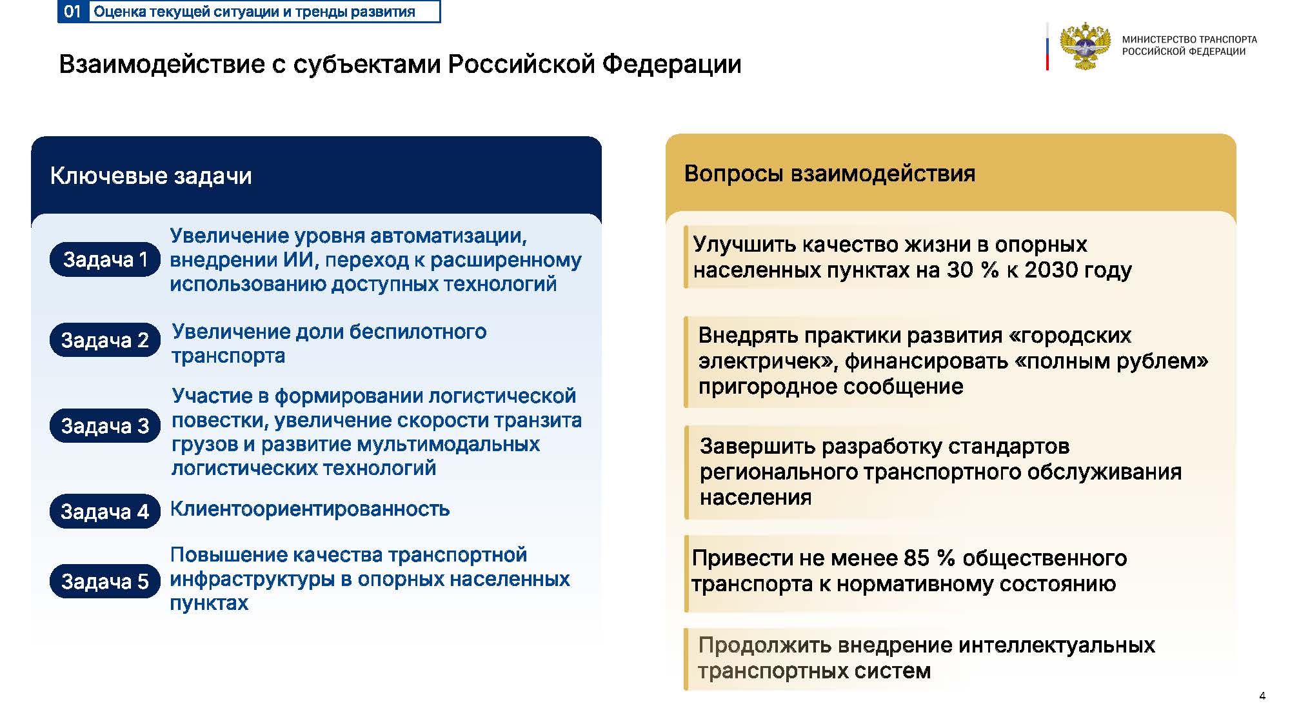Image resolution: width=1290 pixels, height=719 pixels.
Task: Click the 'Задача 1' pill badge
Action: tap(104, 259)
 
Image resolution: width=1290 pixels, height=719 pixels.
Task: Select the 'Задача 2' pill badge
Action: tap(104, 339)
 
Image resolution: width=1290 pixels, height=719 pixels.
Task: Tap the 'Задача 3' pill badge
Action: tap(104, 426)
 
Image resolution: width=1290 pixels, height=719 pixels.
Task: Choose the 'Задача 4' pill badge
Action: tap(104, 512)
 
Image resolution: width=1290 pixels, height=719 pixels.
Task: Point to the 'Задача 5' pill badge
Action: tap(104, 581)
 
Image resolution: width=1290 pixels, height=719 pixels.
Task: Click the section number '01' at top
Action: tap(72, 12)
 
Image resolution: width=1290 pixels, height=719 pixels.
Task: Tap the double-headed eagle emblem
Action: tap(1086, 46)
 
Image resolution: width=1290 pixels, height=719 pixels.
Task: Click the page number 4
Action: tap(1262, 696)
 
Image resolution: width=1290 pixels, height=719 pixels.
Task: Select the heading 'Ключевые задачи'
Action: tap(151, 176)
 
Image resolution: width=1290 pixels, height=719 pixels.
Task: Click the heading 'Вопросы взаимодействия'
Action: tap(829, 174)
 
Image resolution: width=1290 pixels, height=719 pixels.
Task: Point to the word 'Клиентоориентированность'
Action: tap(310, 509)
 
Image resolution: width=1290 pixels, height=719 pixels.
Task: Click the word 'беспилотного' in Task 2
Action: tap(391, 332)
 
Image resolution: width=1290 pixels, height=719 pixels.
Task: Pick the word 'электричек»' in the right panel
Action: tap(768, 361)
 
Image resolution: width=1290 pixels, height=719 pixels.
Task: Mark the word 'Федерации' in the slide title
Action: tap(671, 65)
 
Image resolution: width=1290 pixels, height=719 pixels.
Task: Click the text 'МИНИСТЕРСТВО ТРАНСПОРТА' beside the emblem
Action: tap(1189, 39)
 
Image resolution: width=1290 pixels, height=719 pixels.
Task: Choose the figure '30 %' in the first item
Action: tap(973, 270)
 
